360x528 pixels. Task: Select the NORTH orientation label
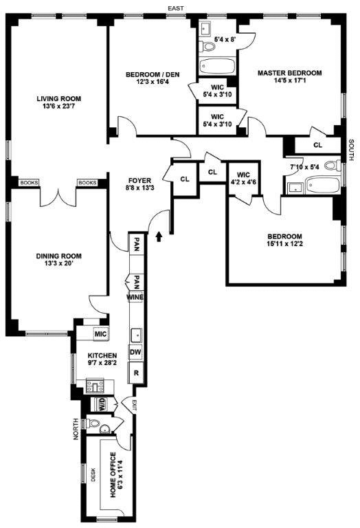tap(76, 430)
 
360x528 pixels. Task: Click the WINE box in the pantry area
tap(135, 297)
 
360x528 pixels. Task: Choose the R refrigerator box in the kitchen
tap(136, 373)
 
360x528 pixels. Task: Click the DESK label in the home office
tap(94, 475)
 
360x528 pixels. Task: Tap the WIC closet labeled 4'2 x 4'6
tap(243, 178)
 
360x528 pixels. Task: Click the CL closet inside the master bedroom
tap(317, 145)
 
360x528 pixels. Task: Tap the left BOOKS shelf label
tap(29, 183)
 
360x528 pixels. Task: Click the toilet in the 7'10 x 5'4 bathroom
tap(331, 166)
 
